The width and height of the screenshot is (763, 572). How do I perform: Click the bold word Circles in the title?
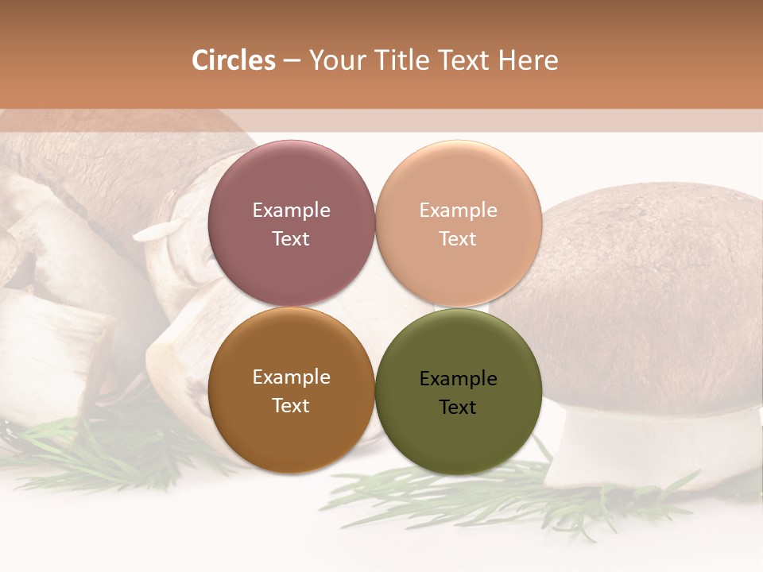[233, 60]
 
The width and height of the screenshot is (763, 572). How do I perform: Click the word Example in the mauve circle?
[291, 211]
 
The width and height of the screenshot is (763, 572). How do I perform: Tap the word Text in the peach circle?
[458, 238]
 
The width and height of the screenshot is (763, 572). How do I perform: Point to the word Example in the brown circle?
[291, 377]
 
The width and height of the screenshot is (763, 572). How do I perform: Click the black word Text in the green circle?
[458, 407]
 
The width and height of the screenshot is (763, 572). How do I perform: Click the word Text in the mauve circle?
[291, 238]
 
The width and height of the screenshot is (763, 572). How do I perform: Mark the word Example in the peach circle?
[458, 211]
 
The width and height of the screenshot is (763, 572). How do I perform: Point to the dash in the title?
[291, 60]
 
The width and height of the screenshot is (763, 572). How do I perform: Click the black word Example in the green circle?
[458, 379]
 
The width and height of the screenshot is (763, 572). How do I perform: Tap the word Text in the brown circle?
[291, 405]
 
